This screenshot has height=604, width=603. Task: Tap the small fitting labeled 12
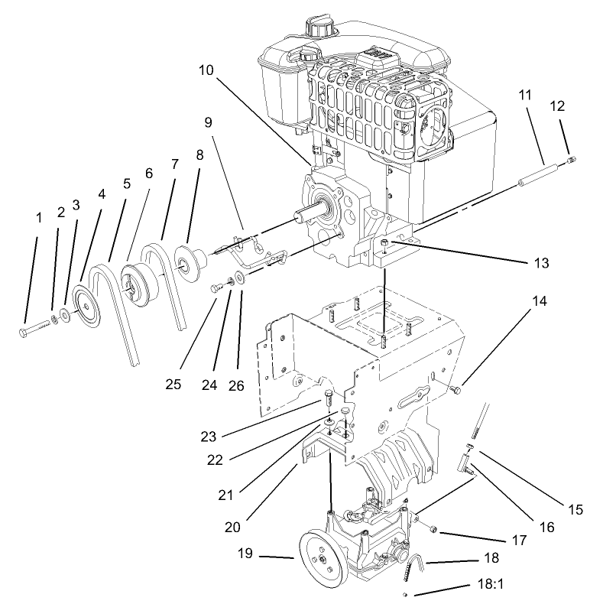coord(573,160)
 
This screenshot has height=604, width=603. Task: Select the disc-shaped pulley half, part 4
coord(86,307)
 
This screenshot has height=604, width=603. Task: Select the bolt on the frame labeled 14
coord(456,390)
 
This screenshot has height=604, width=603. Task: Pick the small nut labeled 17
coord(433,528)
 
